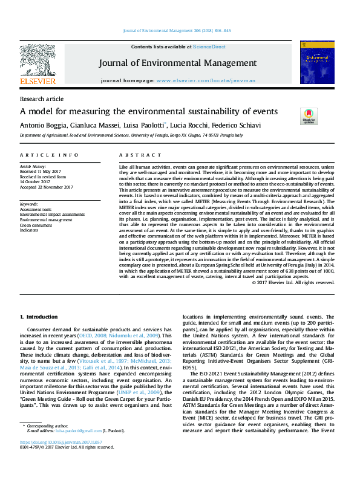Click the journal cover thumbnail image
coord(316,62)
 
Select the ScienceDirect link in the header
coord(209,47)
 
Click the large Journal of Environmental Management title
coord(178,63)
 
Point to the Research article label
coord(42,99)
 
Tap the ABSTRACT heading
coord(133,155)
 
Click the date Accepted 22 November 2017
coord(46,187)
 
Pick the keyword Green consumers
coord(38,225)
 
